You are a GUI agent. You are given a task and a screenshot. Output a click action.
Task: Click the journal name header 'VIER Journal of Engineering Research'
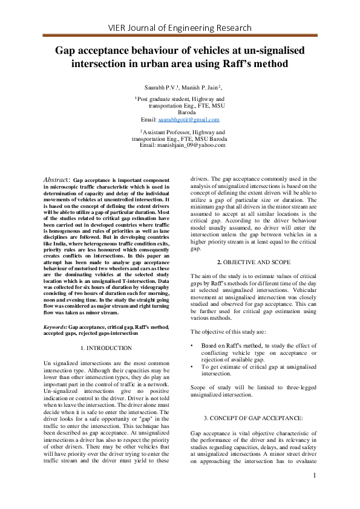click(x=180, y=28)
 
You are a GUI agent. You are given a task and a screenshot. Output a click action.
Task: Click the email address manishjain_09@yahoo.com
click(x=182, y=145)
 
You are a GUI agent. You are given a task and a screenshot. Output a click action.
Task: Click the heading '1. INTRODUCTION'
click(x=106, y=348)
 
